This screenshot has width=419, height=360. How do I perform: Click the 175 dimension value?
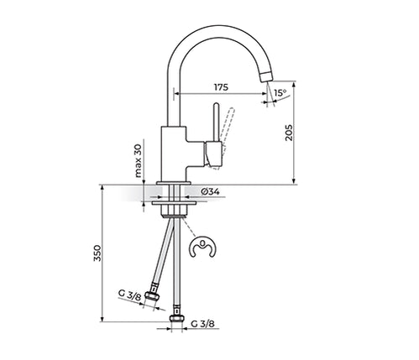coord(221,87)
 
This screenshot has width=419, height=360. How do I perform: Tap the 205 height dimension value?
coord(289,133)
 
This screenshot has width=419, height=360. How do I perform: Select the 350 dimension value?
coord(97,253)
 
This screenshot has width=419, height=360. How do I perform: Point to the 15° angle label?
coord(280,93)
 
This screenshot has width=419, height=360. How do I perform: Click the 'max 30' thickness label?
coord(139,162)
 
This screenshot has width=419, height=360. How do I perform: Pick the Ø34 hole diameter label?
coord(210,191)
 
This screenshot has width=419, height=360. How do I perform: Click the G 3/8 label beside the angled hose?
coord(129,295)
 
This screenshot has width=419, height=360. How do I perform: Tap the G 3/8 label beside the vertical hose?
coord(203,324)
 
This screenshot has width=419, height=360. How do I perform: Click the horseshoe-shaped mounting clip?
coord(203,248)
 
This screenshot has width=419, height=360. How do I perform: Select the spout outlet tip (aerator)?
coord(267,76)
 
